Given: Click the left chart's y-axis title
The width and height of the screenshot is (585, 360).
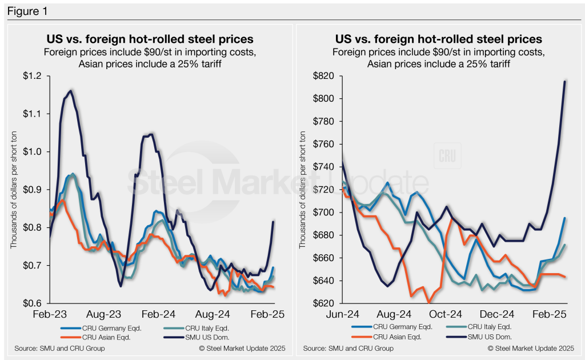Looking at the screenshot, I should click(13, 190).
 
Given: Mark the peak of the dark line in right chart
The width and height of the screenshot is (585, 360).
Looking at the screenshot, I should click(564, 82).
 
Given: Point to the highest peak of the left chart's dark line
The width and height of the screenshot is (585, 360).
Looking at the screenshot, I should click(70, 90).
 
